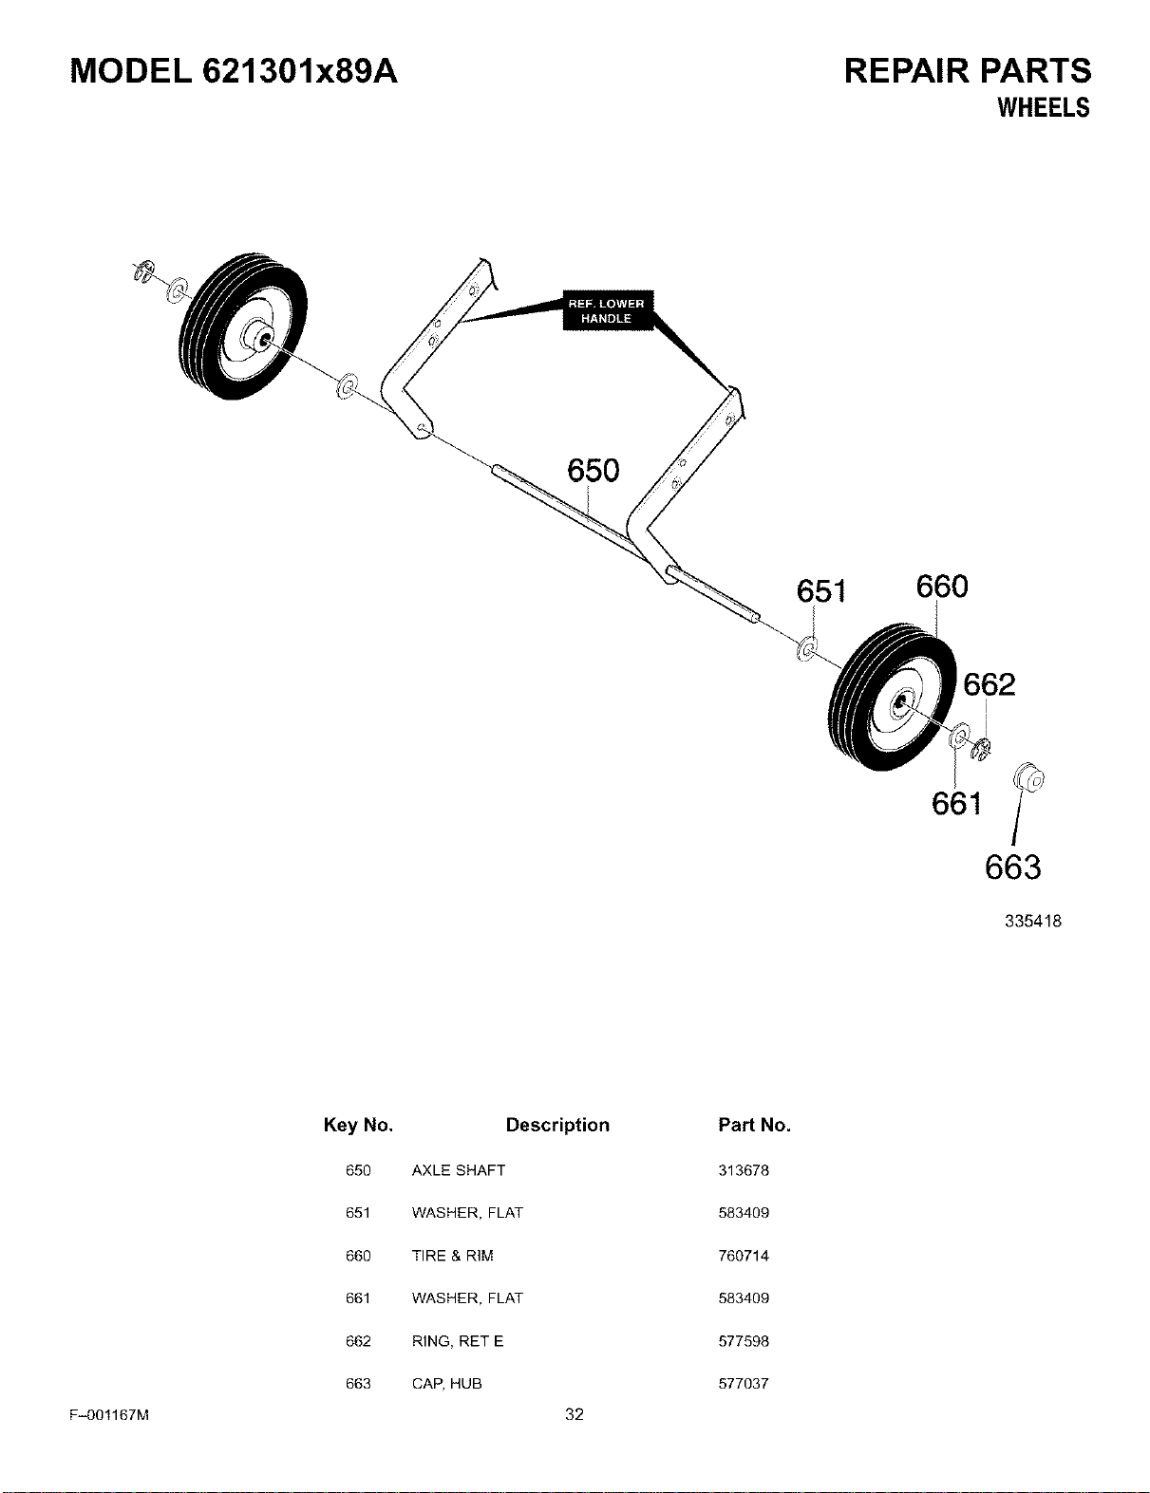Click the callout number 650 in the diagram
[x=594, y=471]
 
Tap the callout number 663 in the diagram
[x=1012, y=868]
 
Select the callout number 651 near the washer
[x=820, y=591]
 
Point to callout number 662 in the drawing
[x=990, y=684]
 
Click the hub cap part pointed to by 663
[x=1028, y=777]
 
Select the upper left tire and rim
[x=243, y=327]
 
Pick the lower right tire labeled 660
[x=893, y=697]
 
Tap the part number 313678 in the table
[x=743, y=1170]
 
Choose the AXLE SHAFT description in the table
[x=459, y=1170]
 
